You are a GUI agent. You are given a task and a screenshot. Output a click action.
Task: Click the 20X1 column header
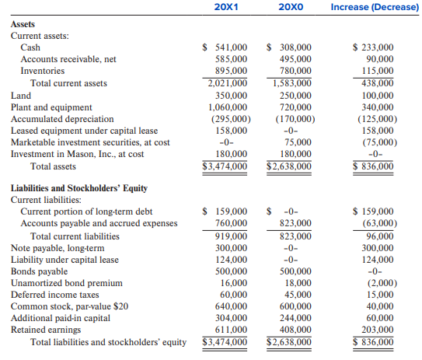tap(226, 7)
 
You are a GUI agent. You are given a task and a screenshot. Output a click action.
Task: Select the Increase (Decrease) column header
tap(375, 7)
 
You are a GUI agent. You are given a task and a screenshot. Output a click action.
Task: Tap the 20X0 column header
tap(291, 7)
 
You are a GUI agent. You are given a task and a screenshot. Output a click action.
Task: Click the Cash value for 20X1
tap(225, 47)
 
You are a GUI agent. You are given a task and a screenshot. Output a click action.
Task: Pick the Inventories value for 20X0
tap(295, 71)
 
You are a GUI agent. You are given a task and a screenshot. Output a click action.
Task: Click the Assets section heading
tap(23, 24)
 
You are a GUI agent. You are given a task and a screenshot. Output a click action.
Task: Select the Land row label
tap(21, 96)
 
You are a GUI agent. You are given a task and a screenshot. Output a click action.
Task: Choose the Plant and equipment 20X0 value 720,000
tap(295, 107)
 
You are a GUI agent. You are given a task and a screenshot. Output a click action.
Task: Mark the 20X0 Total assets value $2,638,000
tap(289, 166)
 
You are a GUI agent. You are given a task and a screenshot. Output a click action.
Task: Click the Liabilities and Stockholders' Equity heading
tap(79, 188)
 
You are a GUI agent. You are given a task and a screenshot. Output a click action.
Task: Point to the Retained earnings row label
tap(46, 330)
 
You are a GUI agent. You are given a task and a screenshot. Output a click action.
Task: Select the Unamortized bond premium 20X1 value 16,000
tap(234, 283)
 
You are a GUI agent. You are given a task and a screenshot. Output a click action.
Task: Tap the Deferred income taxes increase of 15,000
tap(380, 295)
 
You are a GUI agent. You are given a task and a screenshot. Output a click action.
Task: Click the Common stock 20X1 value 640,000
tap(231, 306)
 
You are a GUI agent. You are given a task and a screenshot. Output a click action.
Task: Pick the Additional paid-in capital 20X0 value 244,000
tap(295, 318)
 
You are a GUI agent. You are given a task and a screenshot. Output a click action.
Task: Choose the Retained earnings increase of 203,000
tap(378, 330)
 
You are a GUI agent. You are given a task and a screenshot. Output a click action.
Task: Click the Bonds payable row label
tap(39, 271)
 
